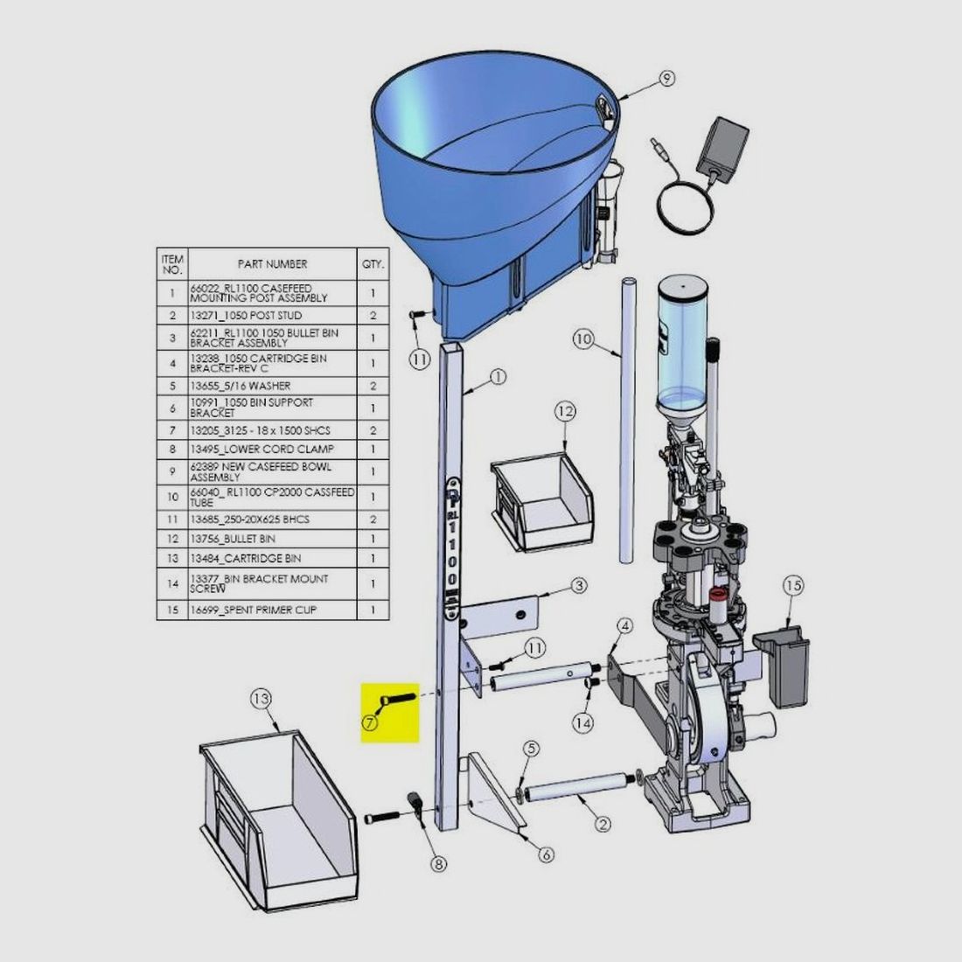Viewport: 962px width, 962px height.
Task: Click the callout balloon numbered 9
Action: coord(667,79)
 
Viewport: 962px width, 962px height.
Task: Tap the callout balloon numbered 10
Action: coord(583,339)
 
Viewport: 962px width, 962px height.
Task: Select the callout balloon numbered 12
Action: coord(566,411)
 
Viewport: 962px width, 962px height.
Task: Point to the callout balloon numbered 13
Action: coord(261,699)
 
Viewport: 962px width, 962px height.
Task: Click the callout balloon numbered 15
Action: coord(793,586)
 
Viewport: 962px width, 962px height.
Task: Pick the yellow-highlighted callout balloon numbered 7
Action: coord(369,722)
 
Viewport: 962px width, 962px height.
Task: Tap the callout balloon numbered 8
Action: coord(438,864)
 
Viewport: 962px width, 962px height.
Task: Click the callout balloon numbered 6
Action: coord(546,854)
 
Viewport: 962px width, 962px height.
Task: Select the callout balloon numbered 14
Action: coord(582,723)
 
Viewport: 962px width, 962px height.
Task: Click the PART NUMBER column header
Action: coord(272,264)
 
